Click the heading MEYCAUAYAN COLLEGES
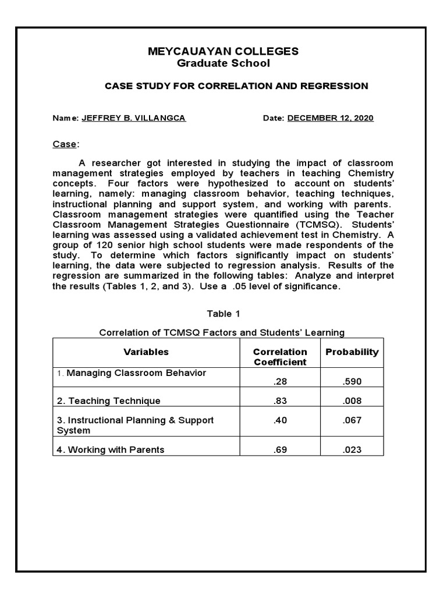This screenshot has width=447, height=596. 223,51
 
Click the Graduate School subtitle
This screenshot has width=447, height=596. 223,63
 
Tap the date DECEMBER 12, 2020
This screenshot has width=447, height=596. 330,118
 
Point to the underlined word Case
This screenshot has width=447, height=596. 64,144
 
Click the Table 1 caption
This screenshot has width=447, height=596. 223,314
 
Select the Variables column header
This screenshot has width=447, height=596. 146,352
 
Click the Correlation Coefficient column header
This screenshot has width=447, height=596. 280,357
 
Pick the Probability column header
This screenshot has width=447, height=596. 352,352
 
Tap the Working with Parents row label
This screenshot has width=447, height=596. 111,449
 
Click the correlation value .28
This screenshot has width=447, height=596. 280,381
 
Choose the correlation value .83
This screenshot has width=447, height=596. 280,400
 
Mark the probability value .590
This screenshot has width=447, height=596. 352,381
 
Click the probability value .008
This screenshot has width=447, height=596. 352,400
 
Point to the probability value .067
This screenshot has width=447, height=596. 352,420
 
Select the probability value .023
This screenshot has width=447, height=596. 352,449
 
